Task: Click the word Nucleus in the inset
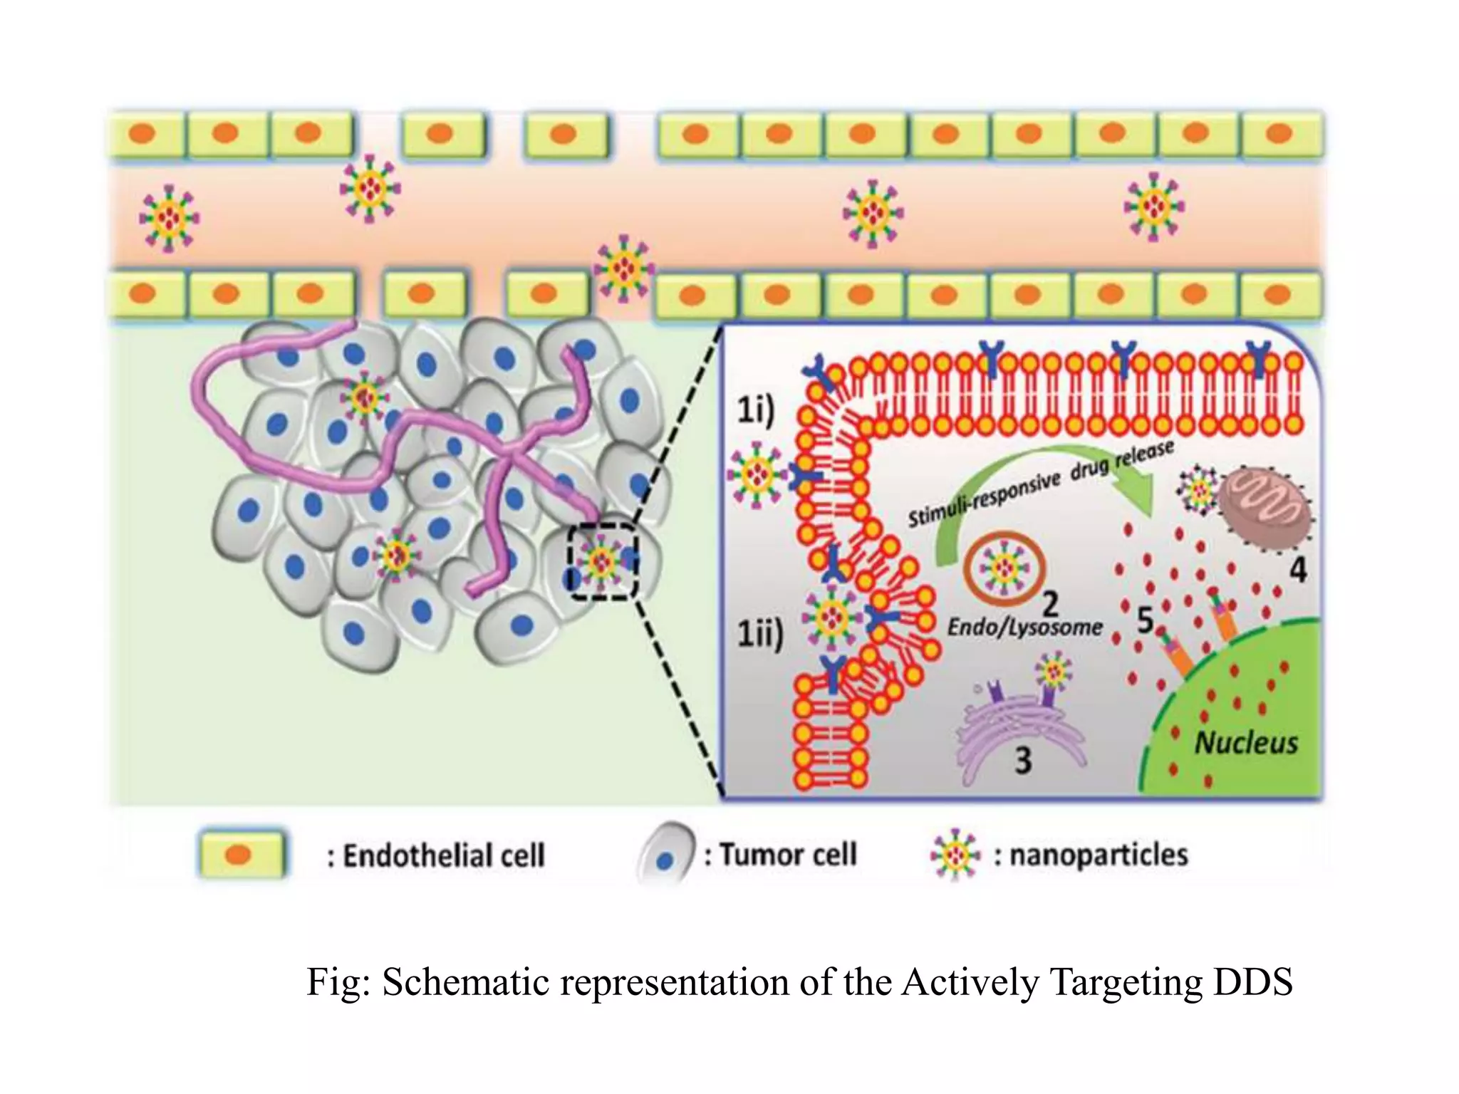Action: point(1245,743)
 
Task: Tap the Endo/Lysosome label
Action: point(1024,627)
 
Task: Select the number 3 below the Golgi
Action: point(1023,761)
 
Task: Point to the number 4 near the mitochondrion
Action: point(1299,570)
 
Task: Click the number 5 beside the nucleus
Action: point(1145,620)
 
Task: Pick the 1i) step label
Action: point(755,411)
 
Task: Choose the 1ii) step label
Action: point(759,633)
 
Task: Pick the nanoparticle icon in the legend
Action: point(955,854)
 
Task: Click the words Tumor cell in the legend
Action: point(787,854)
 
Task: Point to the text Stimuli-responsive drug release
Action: point(1040,484)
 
